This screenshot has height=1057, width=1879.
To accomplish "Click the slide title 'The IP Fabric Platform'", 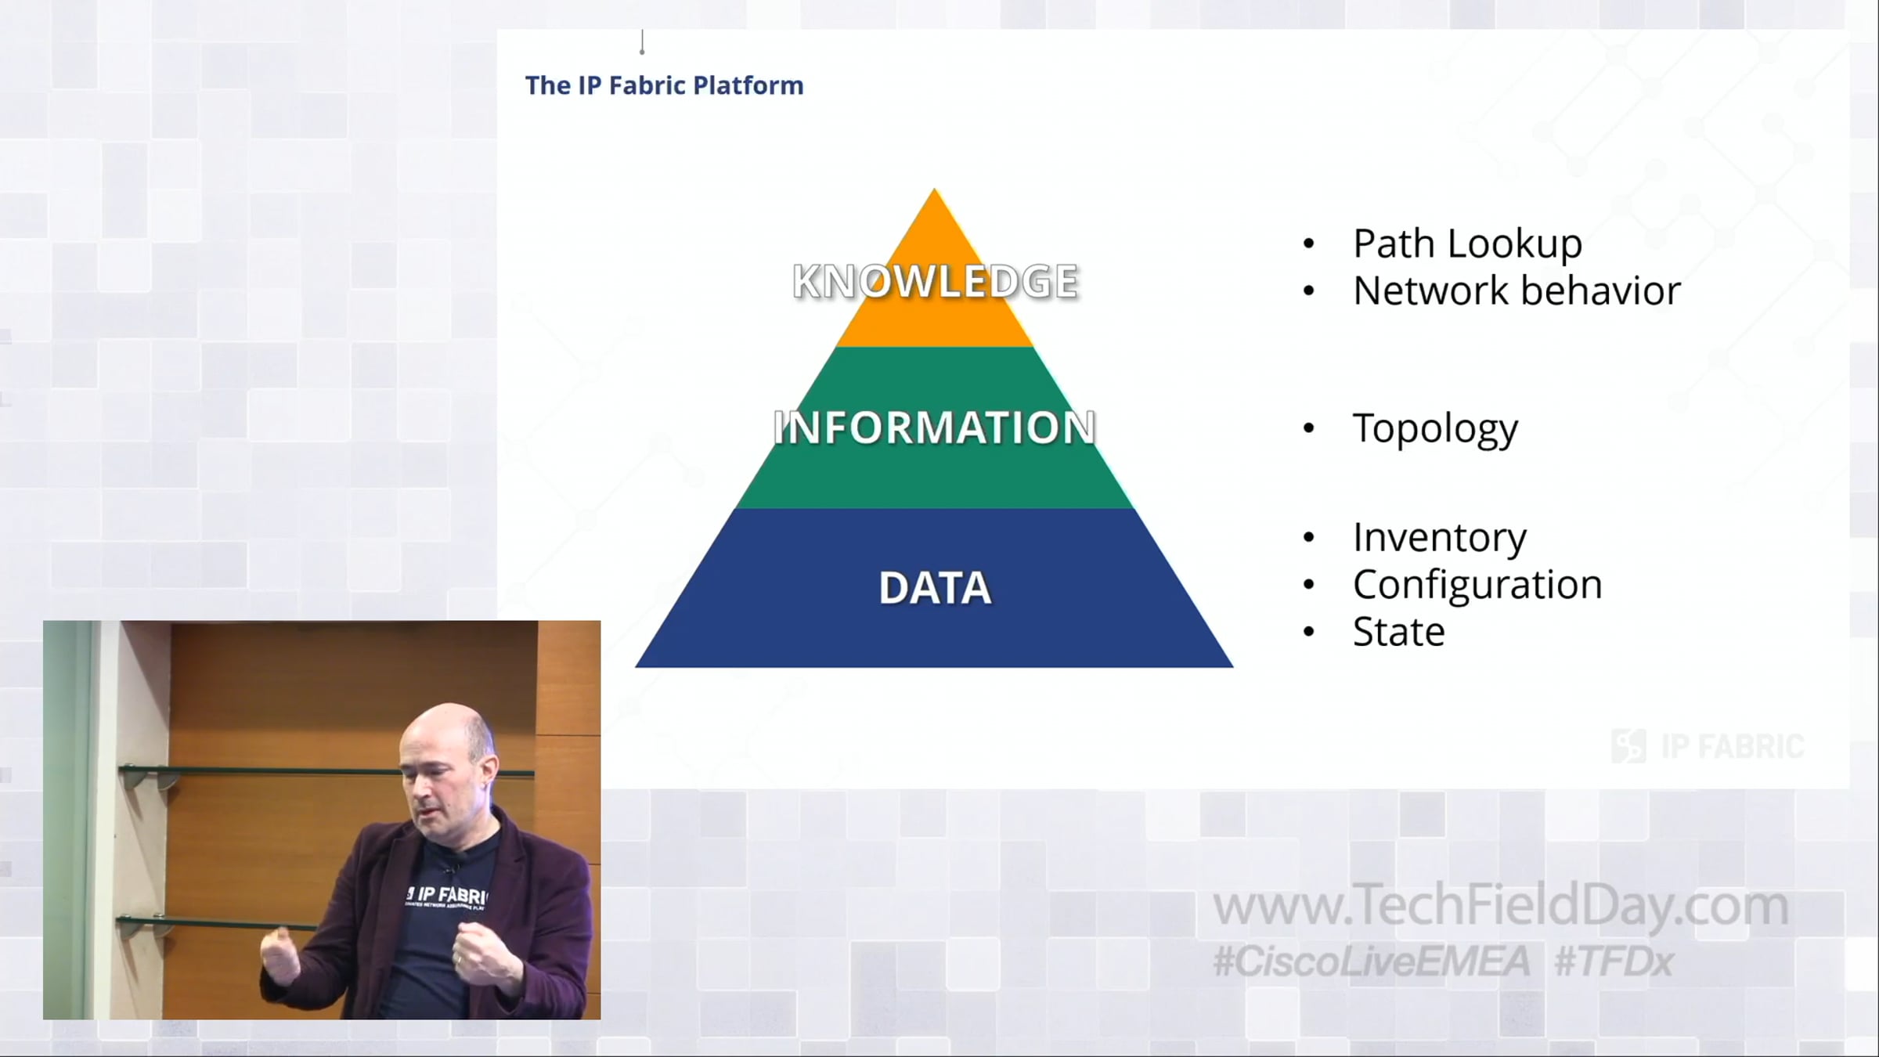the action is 664,85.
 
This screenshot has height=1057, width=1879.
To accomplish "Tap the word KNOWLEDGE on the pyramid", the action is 936,282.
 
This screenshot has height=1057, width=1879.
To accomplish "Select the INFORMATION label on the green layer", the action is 934,427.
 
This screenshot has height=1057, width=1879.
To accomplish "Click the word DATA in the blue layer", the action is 935,588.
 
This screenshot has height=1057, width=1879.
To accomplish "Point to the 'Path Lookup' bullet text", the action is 1467,244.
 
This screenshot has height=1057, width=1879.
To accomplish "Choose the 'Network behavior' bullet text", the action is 1517,290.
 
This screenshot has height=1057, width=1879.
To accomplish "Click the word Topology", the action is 1435,429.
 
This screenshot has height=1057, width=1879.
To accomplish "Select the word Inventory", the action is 1440,538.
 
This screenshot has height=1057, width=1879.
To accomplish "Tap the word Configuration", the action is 1477,585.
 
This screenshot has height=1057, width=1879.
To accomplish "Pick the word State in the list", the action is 1398,632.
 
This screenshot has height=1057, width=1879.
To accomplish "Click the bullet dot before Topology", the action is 1309,428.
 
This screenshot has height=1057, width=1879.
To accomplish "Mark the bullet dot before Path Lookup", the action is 1309,244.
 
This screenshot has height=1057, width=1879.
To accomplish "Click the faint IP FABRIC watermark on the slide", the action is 1708,746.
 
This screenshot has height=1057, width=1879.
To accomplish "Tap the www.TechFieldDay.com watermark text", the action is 1500,906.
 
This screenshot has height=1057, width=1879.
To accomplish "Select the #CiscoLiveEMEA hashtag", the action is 1371,961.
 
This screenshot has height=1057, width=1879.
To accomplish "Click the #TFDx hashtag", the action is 1614,961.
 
